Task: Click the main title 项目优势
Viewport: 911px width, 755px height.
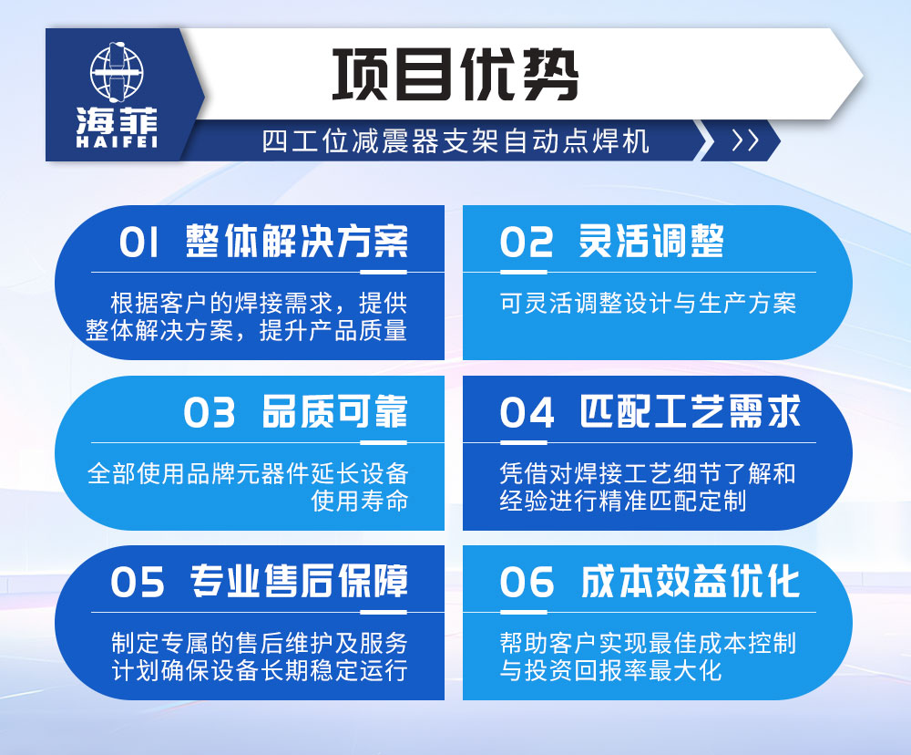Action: click(455, 74)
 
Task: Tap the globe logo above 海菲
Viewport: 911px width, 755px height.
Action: click(117, 72)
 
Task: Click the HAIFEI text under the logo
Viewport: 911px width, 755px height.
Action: click(117, 142)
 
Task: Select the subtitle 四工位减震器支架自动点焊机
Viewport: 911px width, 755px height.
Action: click(455, 141)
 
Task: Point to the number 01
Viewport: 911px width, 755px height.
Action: click(139, 243)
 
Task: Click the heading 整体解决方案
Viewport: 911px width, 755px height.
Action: click(297, 242)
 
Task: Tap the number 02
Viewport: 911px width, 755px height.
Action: click(527, 243)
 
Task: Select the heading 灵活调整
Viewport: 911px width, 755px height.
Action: click(651, 242)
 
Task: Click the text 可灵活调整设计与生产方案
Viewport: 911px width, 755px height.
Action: click(648, 303)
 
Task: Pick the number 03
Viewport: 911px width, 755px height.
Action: click(210, 413)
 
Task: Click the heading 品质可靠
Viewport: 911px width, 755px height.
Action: click(334, 412)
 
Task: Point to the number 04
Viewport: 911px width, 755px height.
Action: click(527, 413)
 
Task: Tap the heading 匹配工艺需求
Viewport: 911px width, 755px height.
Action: click(691, 412)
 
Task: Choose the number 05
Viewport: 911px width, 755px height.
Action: click(138, 583)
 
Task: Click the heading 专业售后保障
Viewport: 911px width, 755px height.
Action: click(299, 582)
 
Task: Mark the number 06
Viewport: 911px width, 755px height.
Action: click(527, 583)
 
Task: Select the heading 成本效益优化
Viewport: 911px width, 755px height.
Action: click(691, 582)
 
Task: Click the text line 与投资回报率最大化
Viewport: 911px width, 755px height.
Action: click(610, 671)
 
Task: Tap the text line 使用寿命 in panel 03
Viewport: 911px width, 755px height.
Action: click(359, 501)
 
